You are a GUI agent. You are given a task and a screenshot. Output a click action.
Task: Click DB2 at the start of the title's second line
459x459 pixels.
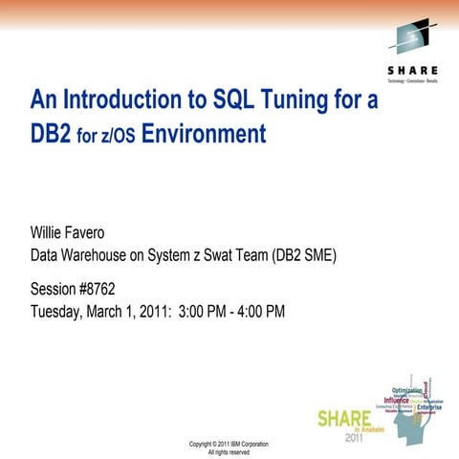point(48,134)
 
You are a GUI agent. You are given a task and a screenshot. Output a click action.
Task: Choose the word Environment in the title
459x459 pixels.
point(203,134)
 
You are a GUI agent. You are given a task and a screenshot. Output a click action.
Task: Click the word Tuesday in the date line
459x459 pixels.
point(58,311)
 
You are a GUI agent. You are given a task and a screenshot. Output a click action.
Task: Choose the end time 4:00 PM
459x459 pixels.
point(259,311)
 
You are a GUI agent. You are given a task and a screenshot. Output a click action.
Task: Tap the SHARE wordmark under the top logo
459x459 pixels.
point(413,71)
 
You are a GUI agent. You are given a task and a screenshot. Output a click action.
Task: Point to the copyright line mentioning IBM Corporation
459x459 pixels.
point(229,444)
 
